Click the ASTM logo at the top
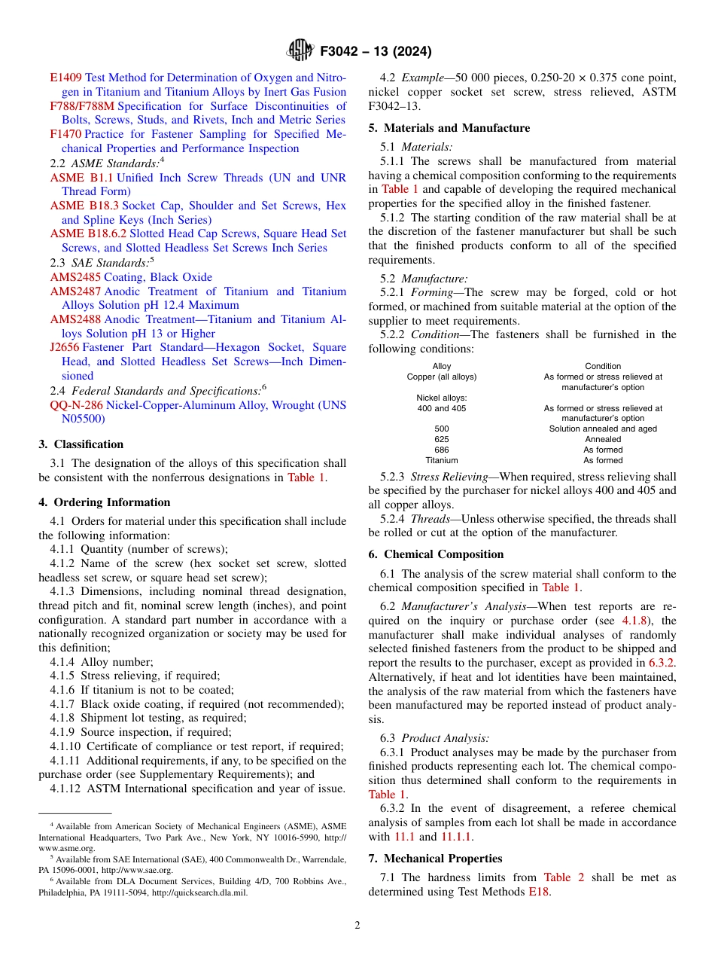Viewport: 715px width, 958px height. click(x=300, y=51)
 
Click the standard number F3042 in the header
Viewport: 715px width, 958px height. click(x=343, y=52)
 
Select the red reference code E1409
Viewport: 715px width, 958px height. click(x=65, y=78)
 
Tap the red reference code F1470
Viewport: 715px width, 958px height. click(x=65, y=134)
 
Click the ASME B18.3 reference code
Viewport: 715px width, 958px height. click(x=84, y=206)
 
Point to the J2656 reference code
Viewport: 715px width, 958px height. click(x=65, y=348)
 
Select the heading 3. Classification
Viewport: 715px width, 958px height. click(x=81, y=444)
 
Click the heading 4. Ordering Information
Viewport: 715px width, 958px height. click(x=105, y=502)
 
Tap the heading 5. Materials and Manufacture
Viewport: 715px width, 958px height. click(x=449, y=128)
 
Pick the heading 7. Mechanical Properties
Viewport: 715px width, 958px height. click(x=435, y=859)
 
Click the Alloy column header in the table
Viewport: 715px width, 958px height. click(x=442, y=367)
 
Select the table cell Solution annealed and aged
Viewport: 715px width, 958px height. click(x=603, y=429)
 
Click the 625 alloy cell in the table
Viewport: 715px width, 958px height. click(x=442, y=440)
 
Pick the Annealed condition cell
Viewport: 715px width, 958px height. click(x=603, y=440)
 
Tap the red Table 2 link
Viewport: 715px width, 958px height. click(x=557, y=877)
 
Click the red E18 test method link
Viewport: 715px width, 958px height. click(x=539, y=892)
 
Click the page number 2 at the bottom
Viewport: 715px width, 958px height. click(x=357, y=926)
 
